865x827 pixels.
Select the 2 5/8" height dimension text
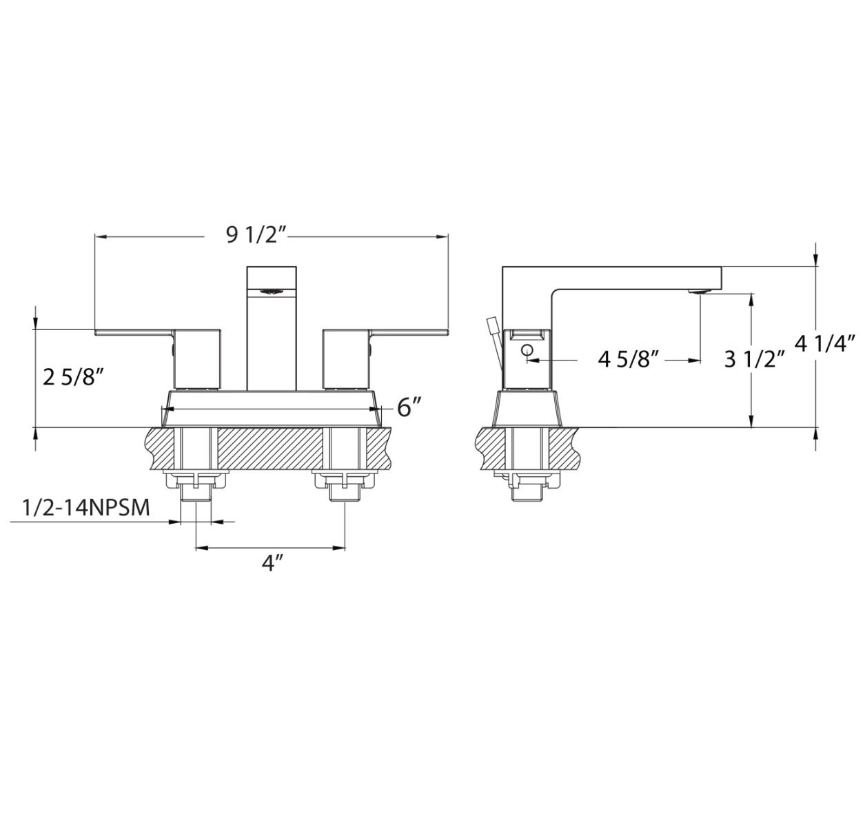click(74, 378)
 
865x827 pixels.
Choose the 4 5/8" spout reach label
click(629, 359)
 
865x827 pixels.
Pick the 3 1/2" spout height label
click(755, 359)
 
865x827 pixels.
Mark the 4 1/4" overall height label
click(826, 343)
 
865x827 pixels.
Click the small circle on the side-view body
click(528, 351)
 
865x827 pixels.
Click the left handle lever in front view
click(134, 333)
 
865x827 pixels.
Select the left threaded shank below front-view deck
click(196, 491)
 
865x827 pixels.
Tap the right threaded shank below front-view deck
click(344, 491)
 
